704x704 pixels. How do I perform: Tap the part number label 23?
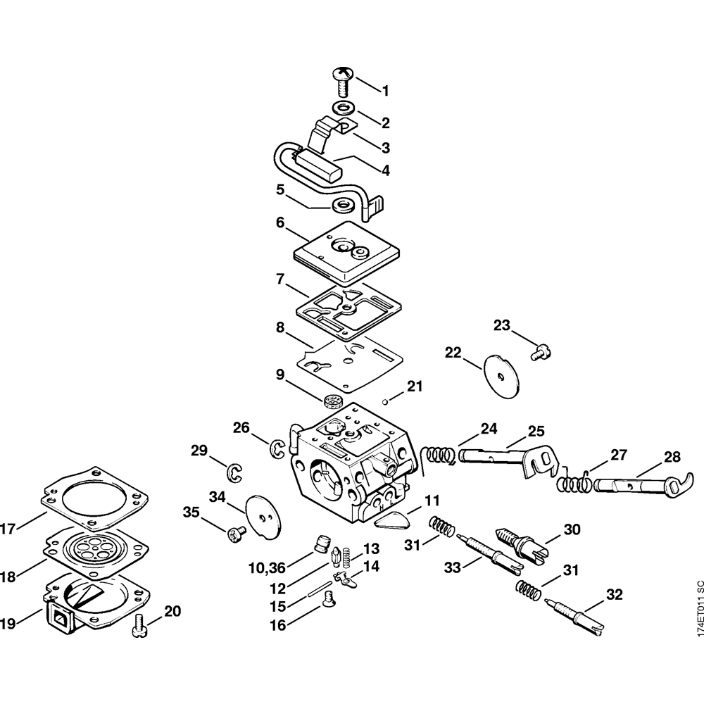pos(501,325)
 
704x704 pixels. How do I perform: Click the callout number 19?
pos(8,622)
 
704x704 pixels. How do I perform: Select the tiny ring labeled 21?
pos(386,403)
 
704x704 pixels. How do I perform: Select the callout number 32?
pos(614,595)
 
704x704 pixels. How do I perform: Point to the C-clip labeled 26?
pos(278,448)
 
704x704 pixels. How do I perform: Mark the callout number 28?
pos(672,457)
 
